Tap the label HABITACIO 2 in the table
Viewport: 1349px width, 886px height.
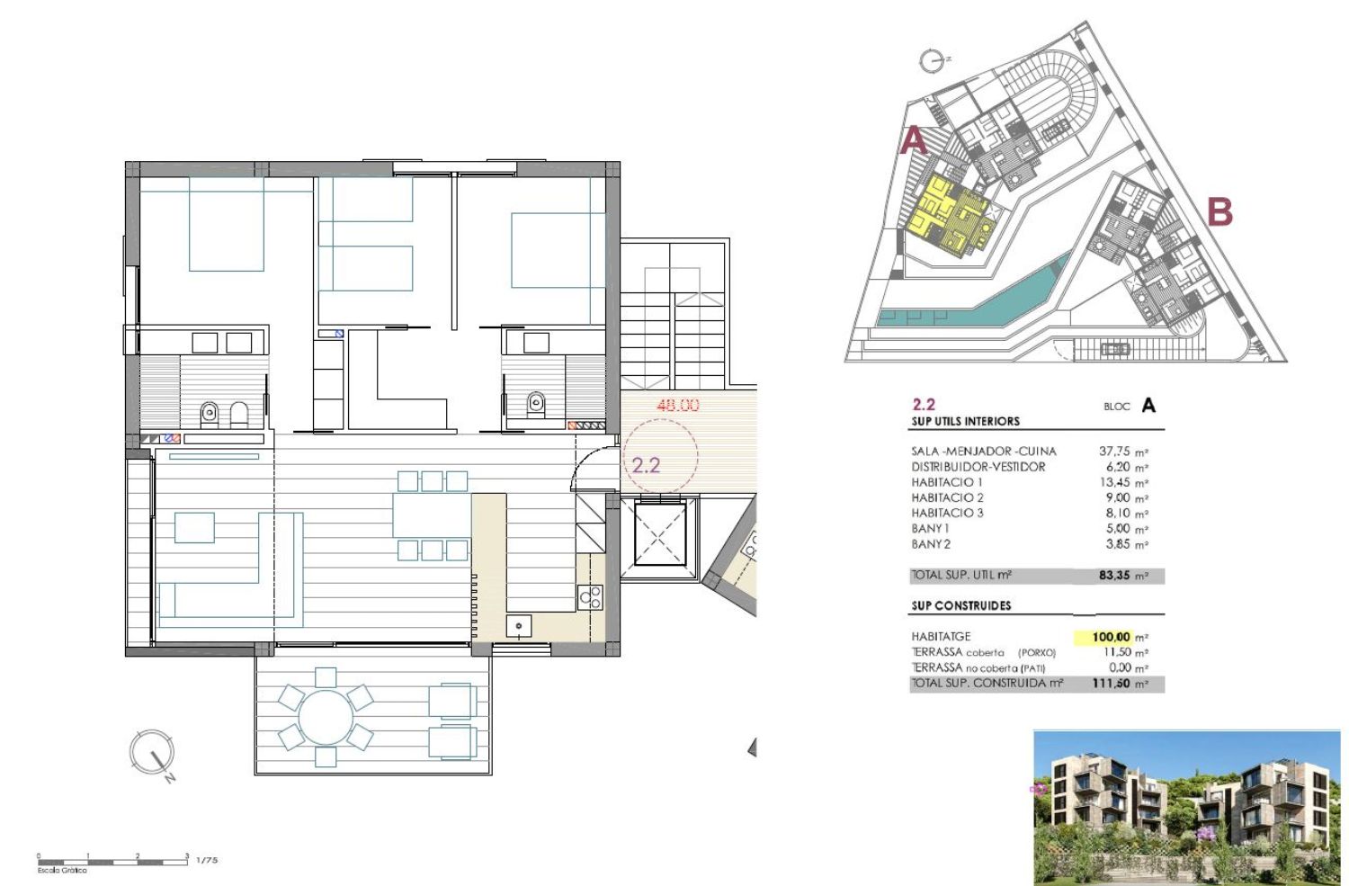[947, 497]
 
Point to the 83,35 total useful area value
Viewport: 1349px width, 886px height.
[1115, 575]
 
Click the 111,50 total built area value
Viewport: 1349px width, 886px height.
[1111, 684]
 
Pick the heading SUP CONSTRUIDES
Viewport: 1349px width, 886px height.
[961, 605]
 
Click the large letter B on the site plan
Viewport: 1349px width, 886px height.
[1220, 212]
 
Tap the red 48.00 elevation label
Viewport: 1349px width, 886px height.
[678, 406]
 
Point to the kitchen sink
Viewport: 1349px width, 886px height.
[519, 626]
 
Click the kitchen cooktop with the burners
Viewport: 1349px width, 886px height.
[590, 597]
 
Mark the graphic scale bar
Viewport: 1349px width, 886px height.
[112, 862]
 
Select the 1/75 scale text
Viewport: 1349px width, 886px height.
[207, 860]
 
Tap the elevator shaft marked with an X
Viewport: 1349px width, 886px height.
[660, 535]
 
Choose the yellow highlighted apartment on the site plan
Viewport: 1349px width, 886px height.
[949, 215]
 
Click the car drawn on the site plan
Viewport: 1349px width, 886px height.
[1115, 349]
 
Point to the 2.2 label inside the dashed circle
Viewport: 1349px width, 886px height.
[646, 465]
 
